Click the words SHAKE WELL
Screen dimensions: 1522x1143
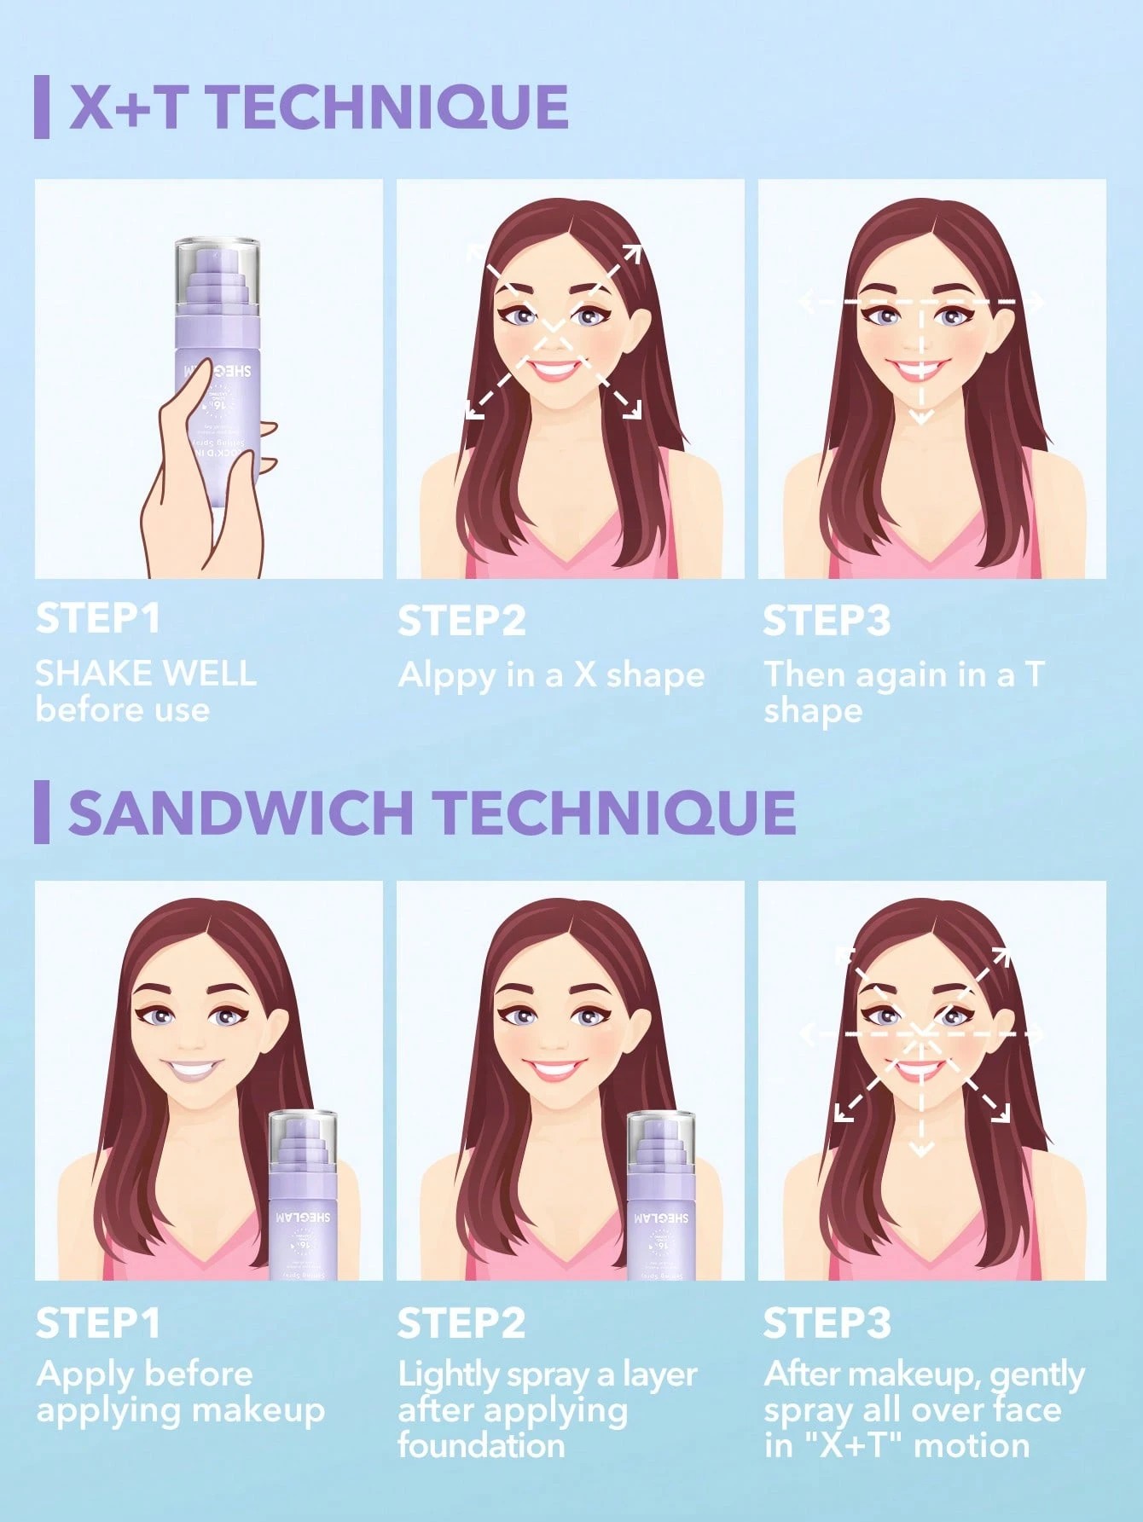[x=146, y=674]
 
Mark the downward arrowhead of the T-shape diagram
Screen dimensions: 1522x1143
[x=921, y=417]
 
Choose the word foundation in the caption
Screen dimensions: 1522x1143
[x=481, y=1445]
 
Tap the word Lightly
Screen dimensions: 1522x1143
[x=449, y=1374]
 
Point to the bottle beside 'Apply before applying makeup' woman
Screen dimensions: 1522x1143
[x=303, y=1194]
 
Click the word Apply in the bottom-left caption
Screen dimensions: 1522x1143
[x=83, y=1374]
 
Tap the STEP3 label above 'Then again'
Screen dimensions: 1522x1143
[x=826, y=620]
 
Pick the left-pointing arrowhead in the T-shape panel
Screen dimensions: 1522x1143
[x=806, y=301]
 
